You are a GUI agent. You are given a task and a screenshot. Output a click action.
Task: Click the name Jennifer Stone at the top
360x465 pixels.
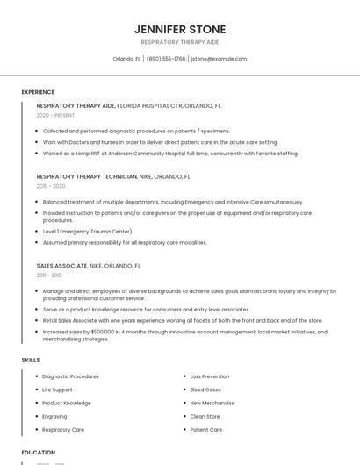180,29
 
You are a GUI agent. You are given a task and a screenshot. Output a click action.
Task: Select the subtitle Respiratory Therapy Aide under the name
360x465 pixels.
180,42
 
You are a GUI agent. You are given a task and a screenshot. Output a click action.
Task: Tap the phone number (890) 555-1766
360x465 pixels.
166,59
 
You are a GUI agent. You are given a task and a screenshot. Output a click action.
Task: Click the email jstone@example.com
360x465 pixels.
219,59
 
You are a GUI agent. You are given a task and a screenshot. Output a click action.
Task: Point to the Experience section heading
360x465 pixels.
38,92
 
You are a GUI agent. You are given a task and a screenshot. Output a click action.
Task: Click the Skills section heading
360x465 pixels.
31,360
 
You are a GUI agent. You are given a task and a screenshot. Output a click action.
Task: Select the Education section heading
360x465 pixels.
39,453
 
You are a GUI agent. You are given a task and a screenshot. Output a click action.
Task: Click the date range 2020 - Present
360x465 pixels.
55,115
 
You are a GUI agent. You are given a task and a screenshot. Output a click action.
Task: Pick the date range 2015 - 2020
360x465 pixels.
51,186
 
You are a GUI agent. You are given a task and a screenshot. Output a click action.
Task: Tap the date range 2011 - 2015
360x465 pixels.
49,275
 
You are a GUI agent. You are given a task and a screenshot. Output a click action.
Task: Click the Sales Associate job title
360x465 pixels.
61,265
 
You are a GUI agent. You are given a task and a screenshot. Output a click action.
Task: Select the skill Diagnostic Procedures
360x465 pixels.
70,376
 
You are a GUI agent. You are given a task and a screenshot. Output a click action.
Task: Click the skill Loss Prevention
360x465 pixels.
209,376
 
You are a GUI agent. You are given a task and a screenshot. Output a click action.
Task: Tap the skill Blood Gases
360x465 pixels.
205,390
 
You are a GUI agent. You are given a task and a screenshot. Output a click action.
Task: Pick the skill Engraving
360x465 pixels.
54,417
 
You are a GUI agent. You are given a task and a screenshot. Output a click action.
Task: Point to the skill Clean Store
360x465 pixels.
205,417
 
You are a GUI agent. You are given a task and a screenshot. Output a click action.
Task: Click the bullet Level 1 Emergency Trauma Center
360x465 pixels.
87,232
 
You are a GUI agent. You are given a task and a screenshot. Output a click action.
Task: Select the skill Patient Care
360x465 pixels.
205,430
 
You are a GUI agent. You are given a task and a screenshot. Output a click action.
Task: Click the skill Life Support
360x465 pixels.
57,390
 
